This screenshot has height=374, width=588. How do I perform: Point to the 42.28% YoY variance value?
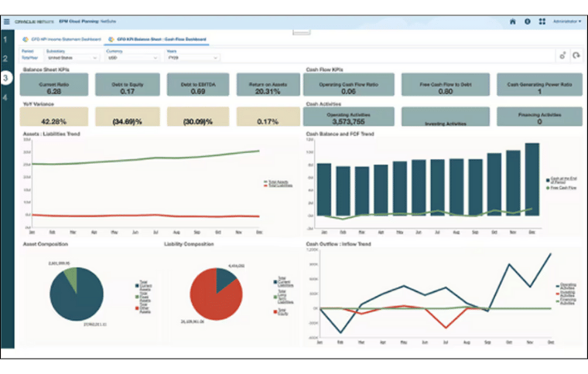(53, 121)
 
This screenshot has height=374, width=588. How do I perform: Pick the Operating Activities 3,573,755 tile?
(349, 117)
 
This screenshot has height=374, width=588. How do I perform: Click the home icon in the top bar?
(512, 21)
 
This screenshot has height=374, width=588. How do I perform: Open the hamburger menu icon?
(7, 21)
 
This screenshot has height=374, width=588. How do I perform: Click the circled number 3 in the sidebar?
(6, 78)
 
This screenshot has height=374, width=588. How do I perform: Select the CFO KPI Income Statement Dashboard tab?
(61, 38)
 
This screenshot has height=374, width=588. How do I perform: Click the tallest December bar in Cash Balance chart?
(532, 177)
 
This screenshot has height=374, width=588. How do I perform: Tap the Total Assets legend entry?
(276, 182)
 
